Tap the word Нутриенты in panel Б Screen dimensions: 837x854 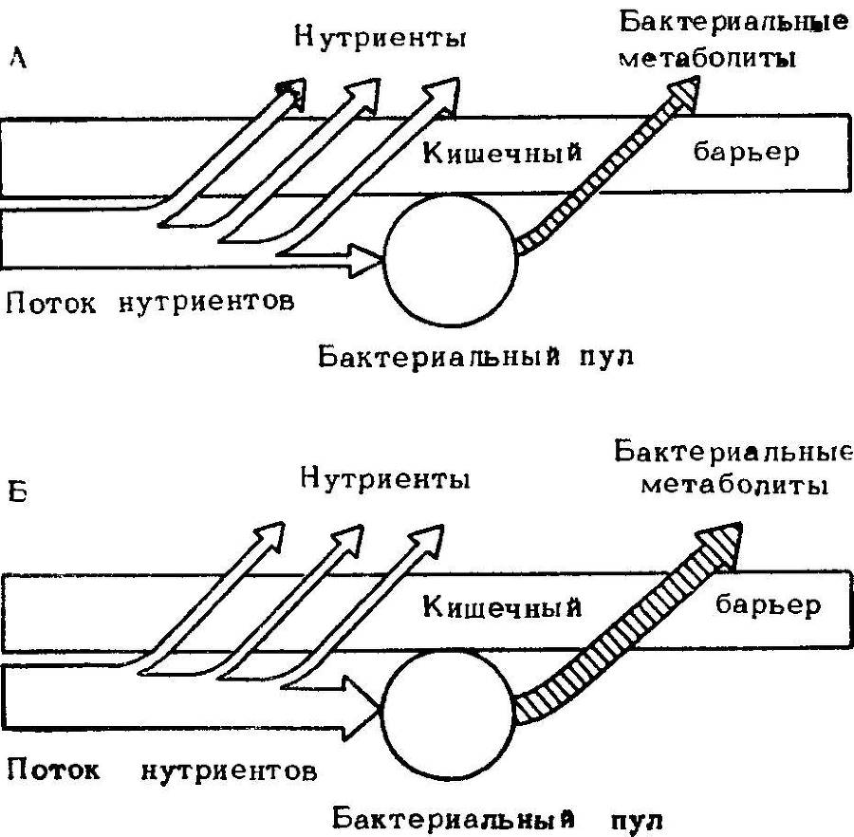click(384, 480)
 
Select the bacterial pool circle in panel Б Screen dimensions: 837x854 click(449, 711)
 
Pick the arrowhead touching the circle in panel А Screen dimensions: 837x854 click(366, 254)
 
